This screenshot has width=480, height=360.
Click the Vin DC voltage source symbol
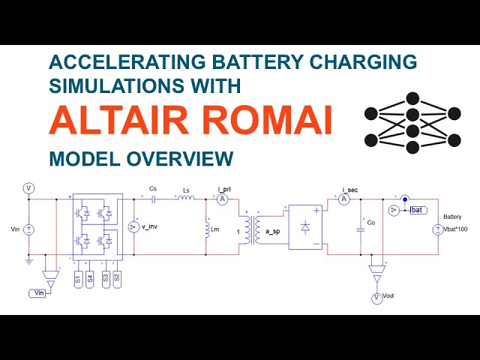click(x=28, y=229)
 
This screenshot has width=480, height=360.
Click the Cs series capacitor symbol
click(x=153, y=199)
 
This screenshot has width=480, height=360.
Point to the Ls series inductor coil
click(x=186, y=199)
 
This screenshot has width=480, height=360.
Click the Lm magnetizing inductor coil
click(x=206, y=228)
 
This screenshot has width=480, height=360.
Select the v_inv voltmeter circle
click(x=134, y=226)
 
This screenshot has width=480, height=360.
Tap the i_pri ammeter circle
click(x=222, y=199)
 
